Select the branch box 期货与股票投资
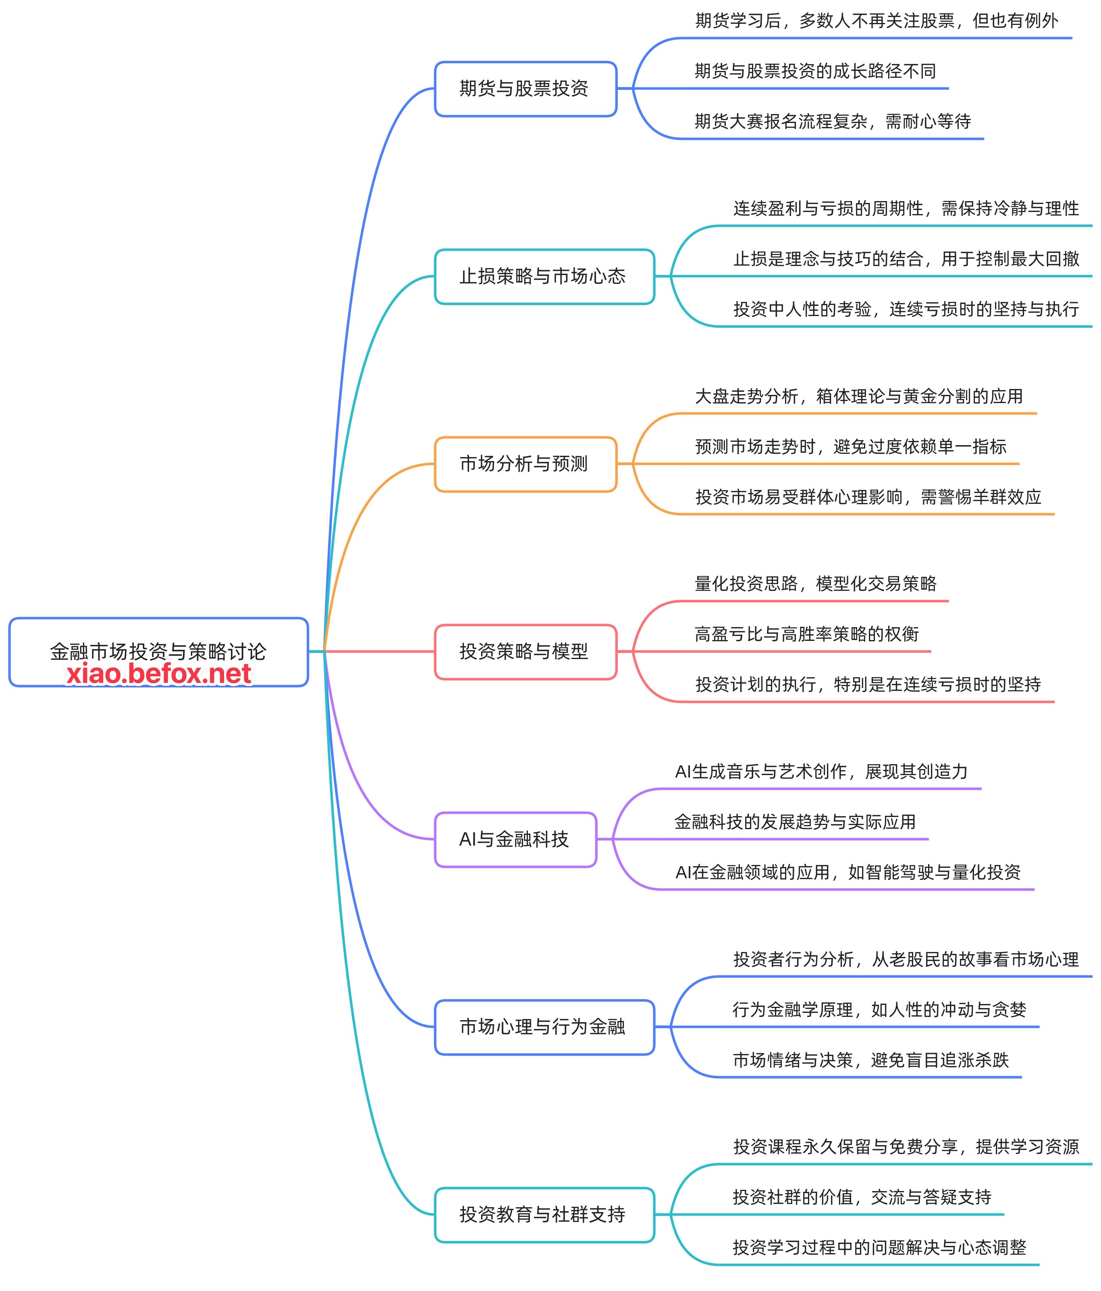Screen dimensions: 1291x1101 click(525, 89)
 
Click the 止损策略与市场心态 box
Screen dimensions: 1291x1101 click(543, 276)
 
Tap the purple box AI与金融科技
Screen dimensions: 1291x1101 click(515, 839)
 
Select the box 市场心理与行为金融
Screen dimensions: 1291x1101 click(543, 1027)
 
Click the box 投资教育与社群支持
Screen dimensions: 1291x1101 click(543, 1214)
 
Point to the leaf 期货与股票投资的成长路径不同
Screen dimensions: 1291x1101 click(815, 71)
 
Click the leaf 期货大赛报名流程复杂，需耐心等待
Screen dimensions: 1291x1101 click(833, 121)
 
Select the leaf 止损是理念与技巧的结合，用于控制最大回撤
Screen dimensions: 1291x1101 click(906, 259)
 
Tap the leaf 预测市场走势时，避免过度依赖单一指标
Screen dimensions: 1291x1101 click(850, 447)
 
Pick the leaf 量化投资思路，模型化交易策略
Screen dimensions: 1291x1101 click(815, 584)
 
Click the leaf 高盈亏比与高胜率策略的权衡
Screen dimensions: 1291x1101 click(806, 634)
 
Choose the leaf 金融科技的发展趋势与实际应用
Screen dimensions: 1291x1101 click(794, 822)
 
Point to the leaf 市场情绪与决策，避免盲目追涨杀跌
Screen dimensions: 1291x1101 click(870, 1060)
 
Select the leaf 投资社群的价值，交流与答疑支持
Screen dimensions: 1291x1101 click(862, 1197)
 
